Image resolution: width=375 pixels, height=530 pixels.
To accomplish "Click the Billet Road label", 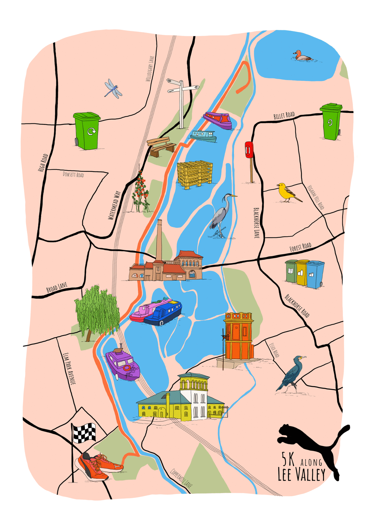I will coord(284,115).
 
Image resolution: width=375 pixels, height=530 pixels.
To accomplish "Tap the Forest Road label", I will coord(300,247).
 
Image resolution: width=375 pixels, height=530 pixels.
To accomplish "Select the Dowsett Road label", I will coord(73,174).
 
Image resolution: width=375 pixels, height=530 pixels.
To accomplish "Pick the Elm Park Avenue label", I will coord(69,368).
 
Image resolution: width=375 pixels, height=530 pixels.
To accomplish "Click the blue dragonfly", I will coord(113,88).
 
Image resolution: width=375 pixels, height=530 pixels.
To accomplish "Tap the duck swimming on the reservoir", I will coord(302,56).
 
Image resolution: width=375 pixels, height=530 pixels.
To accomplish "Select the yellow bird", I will coord(287,192).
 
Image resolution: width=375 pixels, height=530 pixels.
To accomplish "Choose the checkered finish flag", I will coord(84,433).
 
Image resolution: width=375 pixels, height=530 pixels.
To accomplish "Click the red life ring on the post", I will coord(249,150).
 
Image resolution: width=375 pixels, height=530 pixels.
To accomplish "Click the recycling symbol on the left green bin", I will coord(91,131).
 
